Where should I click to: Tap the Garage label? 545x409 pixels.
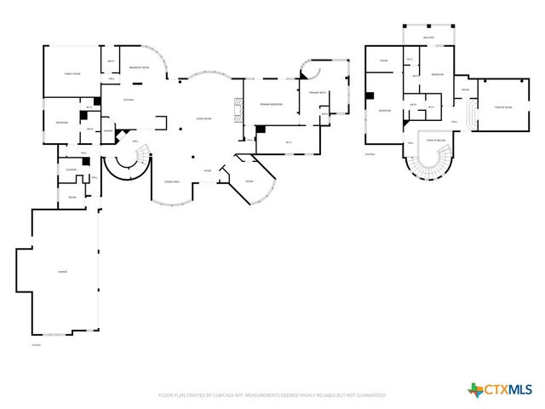[x=62, y=271]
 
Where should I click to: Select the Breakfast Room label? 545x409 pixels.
[x=139, y=67]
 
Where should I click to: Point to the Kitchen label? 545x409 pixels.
[x=129, y=100]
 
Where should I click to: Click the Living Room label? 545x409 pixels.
[x=204, y=118]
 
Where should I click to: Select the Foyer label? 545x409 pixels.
[x=207, y=171]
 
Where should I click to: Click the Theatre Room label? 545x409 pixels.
[x=503, y=107]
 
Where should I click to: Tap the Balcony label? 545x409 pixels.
[x=427, y=38]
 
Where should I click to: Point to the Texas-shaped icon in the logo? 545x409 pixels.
[x=474, y=389]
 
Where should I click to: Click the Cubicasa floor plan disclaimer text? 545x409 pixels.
[x=272, y=395]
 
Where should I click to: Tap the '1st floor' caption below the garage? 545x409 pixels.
[x=37, y=344]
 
